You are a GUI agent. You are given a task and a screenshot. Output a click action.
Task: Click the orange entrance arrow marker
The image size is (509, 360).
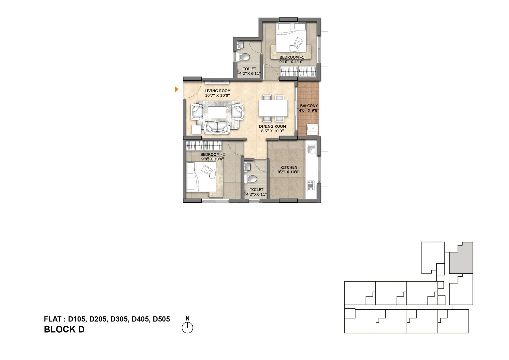[176, 89]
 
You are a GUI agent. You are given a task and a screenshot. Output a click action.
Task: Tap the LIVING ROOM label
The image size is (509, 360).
[218, 91]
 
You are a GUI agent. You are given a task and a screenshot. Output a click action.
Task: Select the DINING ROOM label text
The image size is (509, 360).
[272, 126]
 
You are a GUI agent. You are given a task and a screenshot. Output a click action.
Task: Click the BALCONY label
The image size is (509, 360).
[309, 106]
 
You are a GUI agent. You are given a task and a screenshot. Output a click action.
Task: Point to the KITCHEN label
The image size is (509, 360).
[289, 167]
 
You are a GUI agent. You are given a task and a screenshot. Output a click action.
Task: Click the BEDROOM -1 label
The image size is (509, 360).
[291, 57]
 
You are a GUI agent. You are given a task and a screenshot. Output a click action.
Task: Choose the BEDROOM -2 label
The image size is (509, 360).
[213, 155]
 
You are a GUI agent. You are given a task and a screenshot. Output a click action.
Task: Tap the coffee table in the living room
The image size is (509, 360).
[217, 112]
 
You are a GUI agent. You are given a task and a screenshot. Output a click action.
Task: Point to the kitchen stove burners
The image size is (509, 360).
[310, 186]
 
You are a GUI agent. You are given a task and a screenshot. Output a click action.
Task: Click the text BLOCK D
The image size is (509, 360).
[64, 329]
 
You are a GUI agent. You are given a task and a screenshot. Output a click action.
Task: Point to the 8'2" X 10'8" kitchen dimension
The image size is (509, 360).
[289, 172]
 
